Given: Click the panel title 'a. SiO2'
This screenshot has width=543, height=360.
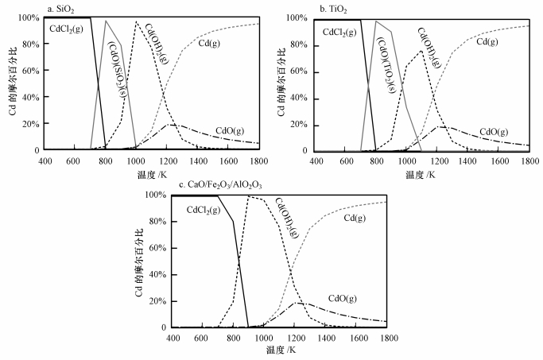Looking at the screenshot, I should point(60,8).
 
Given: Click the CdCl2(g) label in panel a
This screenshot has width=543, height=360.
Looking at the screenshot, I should point(68,30).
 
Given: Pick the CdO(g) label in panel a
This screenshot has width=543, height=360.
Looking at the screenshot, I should point(231,130).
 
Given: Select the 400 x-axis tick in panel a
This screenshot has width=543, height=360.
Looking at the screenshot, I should point(46,160).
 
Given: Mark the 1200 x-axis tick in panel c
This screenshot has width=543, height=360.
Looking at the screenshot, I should point(295,338).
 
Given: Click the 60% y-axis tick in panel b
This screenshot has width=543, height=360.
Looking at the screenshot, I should point(301,71).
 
